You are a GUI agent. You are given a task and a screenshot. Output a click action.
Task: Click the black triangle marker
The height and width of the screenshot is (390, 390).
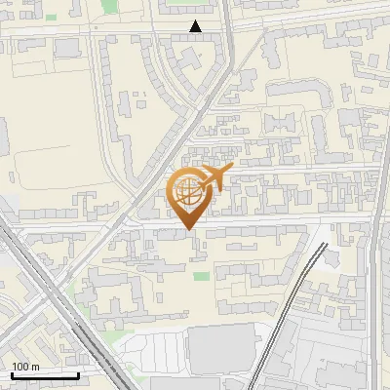[x=196, y=27]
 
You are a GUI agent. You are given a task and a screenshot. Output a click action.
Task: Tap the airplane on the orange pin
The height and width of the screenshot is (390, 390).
[x=214, y=178]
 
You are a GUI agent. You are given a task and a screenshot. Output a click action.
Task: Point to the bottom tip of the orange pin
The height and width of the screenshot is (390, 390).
[x=188, y=229]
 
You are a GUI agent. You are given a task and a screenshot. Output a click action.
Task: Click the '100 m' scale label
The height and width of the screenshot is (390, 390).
[x=25, y=367]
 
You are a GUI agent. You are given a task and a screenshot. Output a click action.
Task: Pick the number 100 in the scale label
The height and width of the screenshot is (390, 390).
[x=20, y=367]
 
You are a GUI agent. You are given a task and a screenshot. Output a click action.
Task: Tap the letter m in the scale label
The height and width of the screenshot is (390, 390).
[x=35, y=367]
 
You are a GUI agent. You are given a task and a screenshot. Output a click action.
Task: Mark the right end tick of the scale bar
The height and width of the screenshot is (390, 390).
[x=78, y=374]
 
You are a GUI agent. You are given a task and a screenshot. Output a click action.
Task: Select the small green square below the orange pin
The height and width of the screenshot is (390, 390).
[x=201, y=277]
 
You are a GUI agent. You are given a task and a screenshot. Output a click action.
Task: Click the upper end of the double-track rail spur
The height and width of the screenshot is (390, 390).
[x=323, y=244]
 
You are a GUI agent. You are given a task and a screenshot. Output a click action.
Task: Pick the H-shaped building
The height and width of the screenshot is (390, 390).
[x=284, y=124]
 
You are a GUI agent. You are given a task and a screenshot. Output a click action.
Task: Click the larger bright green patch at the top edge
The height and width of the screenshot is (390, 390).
[x=175, y=3]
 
